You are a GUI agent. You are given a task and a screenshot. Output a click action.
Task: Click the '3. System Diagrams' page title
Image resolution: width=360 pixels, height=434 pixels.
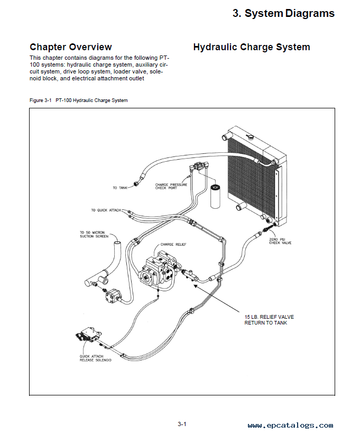click(283, 14)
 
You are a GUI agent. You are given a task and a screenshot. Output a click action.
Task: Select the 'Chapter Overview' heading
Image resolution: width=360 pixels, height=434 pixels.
click(70, 47)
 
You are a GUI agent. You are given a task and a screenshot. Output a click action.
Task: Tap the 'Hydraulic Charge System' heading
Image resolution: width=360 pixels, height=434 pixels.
click(251, 47)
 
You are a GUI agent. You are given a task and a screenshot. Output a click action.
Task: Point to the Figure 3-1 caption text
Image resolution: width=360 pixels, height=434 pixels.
click(79, 100)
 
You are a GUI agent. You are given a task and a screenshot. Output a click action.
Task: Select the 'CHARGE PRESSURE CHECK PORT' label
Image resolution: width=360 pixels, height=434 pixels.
click(171, 187)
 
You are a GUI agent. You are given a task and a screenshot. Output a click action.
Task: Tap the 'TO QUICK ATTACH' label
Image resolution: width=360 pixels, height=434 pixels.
click(106, 210)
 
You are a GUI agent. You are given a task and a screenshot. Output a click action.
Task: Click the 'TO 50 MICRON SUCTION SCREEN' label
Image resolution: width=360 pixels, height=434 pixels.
click(94, 235)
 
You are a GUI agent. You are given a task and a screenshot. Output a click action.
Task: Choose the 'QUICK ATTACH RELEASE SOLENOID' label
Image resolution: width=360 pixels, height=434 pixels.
click(95, 359)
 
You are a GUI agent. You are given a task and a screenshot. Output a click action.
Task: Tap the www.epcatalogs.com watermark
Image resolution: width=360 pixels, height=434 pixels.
click(290, 425)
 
